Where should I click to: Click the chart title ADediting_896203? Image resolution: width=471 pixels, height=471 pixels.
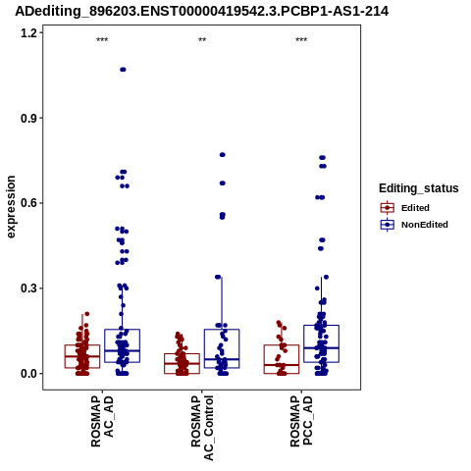tap(201, 11)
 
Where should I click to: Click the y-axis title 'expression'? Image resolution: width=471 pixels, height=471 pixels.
tap(11, 207)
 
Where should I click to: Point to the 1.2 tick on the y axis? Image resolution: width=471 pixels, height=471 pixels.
tap(28, 32)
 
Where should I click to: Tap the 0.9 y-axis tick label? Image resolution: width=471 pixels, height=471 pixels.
tap(28, 118)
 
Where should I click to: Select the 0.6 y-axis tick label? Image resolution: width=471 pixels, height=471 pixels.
tap(28, 203)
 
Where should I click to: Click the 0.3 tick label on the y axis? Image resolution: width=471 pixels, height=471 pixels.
tap(28, 288)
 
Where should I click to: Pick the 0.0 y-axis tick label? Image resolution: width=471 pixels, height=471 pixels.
tap(28, 374)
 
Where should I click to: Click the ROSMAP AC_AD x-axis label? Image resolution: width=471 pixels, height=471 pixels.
tap(102, 421)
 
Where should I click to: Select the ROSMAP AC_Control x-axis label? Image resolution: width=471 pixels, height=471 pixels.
tap(202, 428)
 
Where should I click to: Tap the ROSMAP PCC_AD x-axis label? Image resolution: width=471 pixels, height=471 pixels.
tap(301, 421)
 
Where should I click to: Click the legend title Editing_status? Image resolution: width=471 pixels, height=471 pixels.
tap(419, 188)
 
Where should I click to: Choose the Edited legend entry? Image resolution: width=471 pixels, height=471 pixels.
tap(404, 208)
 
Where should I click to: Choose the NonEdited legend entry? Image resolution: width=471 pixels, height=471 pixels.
tap(414, 225)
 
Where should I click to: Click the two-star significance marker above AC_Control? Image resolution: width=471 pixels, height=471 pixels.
tap(202, 40)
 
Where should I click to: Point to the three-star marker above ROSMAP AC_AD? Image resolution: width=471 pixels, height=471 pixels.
tap(102, 40)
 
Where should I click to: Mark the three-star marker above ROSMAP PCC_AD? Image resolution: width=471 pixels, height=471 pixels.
tap(301, 40)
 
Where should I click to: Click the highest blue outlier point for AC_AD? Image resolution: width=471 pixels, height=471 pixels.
tap(123, 70)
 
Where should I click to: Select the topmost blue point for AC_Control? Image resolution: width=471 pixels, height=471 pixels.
tap(223, 155)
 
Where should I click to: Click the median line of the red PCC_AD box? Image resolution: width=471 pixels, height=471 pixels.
tap(282, 365)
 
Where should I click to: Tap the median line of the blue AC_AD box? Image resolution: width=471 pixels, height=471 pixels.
tap(122, 350)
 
